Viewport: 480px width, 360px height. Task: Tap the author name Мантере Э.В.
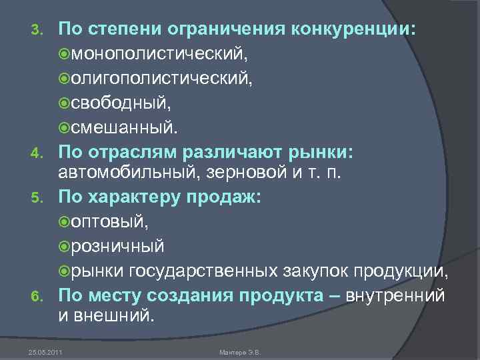[241, 351]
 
